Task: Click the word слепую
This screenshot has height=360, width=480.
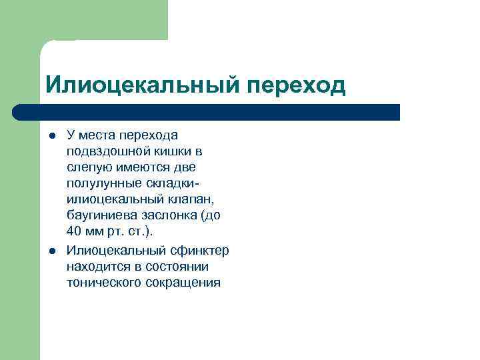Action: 89,167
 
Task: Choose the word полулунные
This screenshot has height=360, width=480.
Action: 100,183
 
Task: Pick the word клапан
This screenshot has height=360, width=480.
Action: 193,199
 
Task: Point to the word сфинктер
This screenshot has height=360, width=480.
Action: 199,251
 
